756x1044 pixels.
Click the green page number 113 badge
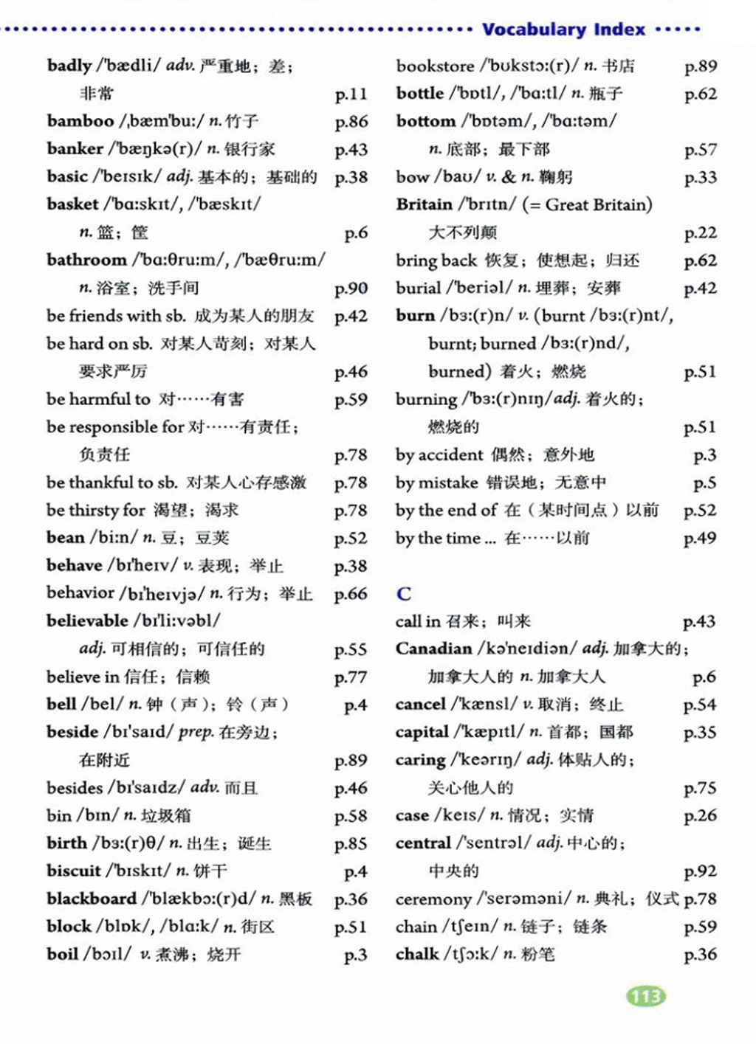click(x=646, y=996)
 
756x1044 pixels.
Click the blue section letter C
click(x=404, y=594)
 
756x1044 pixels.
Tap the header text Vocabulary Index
click(x=563, y=30)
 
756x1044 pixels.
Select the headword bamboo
click(x=80, y=121)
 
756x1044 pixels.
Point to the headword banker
click(x=75, y=149)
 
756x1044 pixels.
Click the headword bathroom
click(x=86, y=260)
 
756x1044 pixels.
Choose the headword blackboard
click(x=91, y=899)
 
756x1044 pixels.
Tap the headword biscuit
click(x=73, y=871)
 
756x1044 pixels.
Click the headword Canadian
click(x=433, y=649)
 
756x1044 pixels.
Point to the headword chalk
click(x=417, y=954)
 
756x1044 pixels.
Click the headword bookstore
click(x=435, y=66)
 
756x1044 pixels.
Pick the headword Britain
click(x=424, y=204)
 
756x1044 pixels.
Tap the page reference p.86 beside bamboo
click(x=351, y=122)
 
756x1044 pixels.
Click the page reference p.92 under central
click(x=700, y=871)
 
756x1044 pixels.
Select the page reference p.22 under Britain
click(x=700, y=233)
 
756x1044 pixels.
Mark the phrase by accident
click(x=439, y=454)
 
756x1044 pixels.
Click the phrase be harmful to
click(x=98, y=399)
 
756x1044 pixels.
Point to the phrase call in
click(x=418, y=621)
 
